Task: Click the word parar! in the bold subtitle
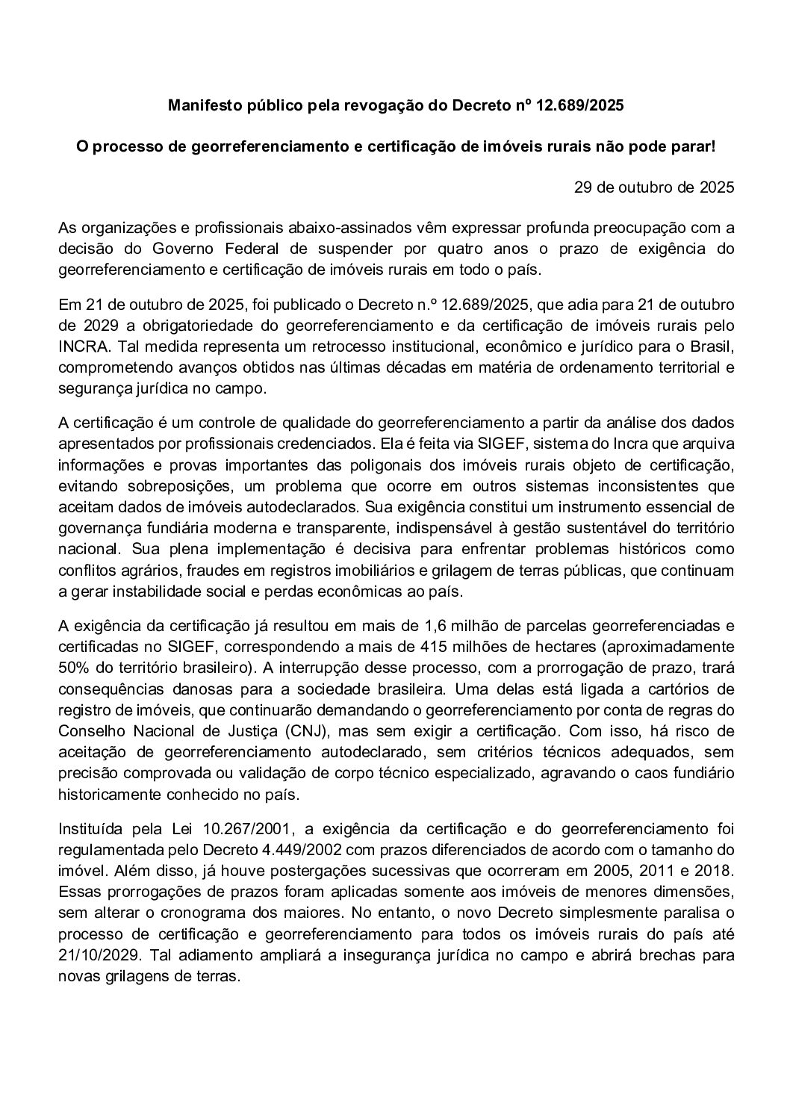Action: tap(694, 146)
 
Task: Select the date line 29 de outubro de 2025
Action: tap(654, 187)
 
